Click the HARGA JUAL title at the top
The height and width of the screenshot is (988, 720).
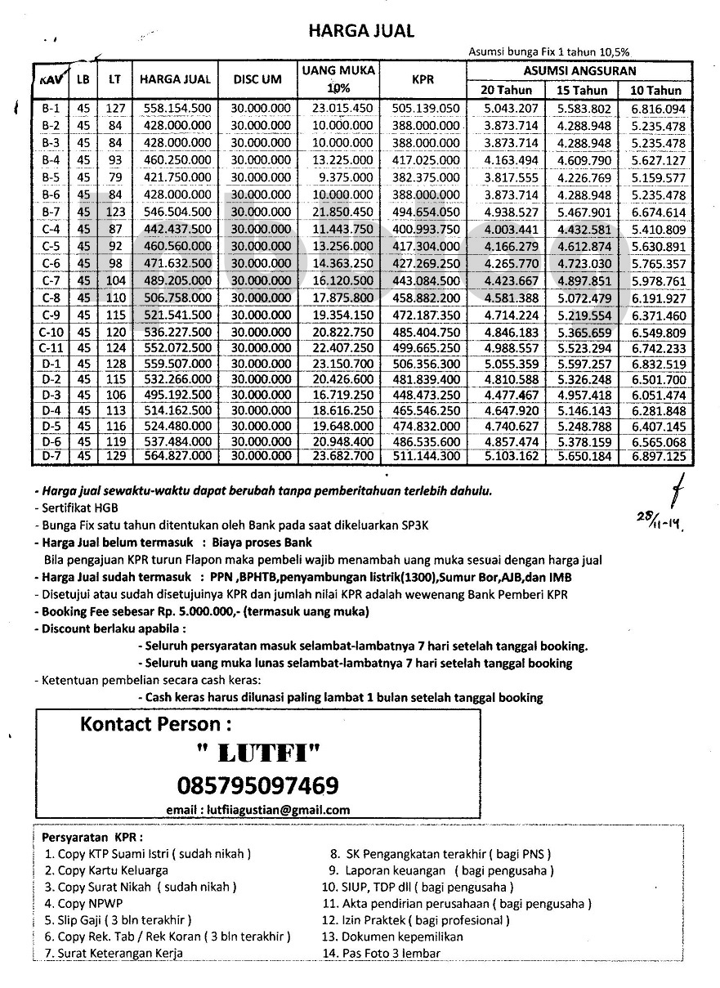coord(360,31)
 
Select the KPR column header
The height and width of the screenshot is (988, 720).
coord(423,79)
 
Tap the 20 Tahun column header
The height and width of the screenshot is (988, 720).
coord(506,90)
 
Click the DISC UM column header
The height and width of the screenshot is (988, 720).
coord(260,79)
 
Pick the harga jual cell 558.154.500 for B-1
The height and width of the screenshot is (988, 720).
coord(177,108)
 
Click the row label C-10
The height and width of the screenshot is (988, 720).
coord(50,333)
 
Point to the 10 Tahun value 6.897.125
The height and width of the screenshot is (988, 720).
coord(657,455)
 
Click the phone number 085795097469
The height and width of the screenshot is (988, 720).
coord(257,786)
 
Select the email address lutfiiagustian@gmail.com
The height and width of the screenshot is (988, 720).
coord(257,810)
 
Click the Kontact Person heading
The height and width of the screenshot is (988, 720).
coord(155,724)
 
